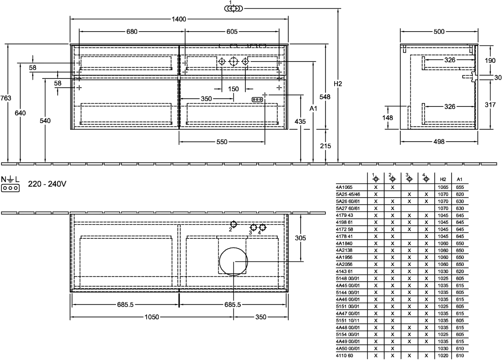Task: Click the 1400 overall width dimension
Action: tap(179, 19)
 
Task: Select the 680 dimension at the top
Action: tap(132, 31)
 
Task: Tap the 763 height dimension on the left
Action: tap(6, 98)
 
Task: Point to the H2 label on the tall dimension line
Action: tap(338, 84)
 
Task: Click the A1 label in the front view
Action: tap(314, 109)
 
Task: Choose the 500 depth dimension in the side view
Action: tap(439, 31)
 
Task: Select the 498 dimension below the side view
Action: tap(439, 141)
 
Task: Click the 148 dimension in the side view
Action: tap(387, 117)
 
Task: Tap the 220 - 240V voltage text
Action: tap(47, 184)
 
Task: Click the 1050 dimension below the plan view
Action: tap(152, 317)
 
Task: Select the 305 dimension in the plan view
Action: tap(300, 238)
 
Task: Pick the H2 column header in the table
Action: tap(443, 179)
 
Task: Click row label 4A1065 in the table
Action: tap(344, 187)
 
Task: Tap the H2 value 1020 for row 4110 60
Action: tap(443, 355)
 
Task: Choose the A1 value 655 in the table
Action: tap(460, 187)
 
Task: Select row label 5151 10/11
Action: tap(348, 320)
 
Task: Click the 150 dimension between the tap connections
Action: tap(233, 89)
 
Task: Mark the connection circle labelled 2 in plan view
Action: tap(234, 224)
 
